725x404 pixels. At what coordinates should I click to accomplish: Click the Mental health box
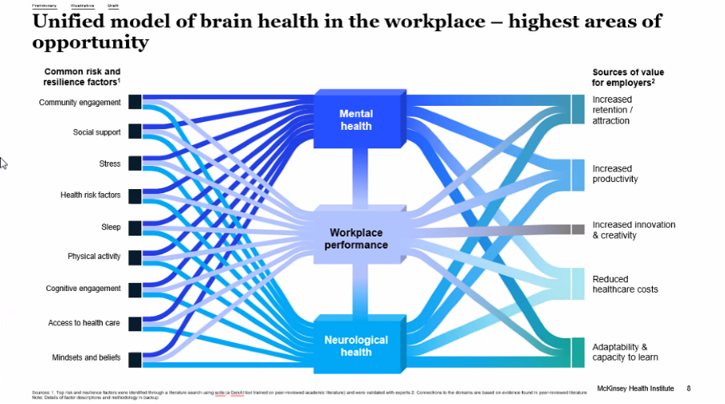pyautogui.click(x=355, y=120)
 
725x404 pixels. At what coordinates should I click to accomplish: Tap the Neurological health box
pyautogui.click(x=355, y=346)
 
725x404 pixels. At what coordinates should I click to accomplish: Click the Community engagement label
pyautogui.click(x=79, y=103)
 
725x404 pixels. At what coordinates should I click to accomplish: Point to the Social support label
pyautogui.click(x=96, y=132)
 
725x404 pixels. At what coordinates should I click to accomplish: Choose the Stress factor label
pyautogui.click(x=110, y=164)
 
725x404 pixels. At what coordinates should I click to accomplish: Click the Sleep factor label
pyautogui.click(x=111, y=227)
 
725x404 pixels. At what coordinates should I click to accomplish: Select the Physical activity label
pyautogui.click(x=94, y=257)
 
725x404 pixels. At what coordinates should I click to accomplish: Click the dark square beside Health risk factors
pyautogui.click(x=135, y=195)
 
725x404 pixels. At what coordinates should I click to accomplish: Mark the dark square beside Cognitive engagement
pyautogui.click(x=135, y=289)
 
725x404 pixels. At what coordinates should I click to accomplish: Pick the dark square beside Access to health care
pyautogui.click(x=135, y=323)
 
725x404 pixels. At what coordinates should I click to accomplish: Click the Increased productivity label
pyautogui.click(x=615, y=174)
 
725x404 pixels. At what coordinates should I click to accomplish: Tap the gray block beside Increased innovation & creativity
pyautogui.click(x=577, y=229)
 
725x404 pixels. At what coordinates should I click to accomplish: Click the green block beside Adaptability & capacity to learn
pyautogui.click(x=577, y=352)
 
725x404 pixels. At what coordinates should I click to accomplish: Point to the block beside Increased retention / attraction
pyautogui.click(x=577, y=110)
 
